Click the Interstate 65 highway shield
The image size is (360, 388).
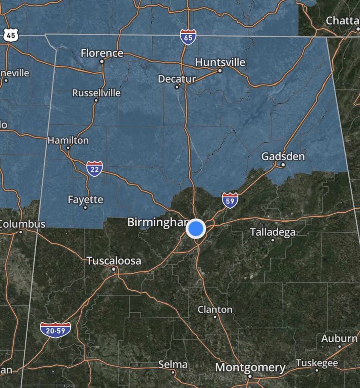coord(188,37)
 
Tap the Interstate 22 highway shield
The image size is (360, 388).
coord(94,169)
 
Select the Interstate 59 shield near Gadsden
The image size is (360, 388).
coord(230,200)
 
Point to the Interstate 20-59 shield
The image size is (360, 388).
coord(55,329)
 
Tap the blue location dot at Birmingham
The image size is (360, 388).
coord(196,229)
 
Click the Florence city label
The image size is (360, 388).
coord(102,53)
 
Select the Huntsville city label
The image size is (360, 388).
coord(220,62)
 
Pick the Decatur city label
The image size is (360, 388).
coord(177,79)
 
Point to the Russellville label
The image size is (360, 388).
coord(96,93)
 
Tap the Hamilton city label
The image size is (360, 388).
coord(68,140)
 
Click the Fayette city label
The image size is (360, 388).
coord(85,199)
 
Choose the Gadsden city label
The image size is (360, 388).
coord(283,156)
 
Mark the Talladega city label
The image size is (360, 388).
coord(273,232)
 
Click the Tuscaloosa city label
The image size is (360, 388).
coord(114,261)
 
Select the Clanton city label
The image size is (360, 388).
coord(215,310)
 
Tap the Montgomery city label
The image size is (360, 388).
coord(250,367)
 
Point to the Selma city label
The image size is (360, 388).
coord(173,365)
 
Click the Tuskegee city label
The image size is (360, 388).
coord(317,363)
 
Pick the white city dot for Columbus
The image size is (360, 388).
coord(21,232)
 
